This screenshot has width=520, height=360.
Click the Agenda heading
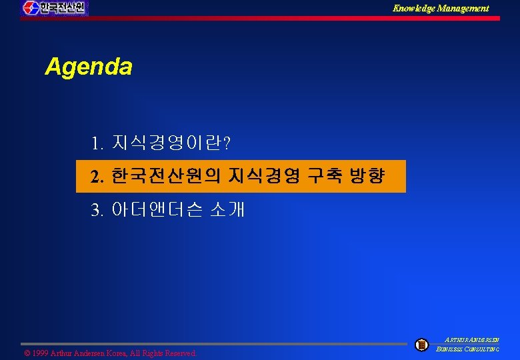(x=89, y=67)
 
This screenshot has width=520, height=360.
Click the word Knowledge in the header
(x=415, y=8)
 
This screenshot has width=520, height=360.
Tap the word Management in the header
(x=464, y=8)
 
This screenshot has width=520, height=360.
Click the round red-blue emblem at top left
(x=30, y=8)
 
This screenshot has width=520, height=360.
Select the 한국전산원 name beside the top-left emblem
(x=63, y=8)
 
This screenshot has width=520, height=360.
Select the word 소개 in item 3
(x=227, y=211)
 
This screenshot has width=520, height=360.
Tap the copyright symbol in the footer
(x=27, y=353)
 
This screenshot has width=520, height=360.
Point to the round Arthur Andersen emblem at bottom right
(x=421, y=345)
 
